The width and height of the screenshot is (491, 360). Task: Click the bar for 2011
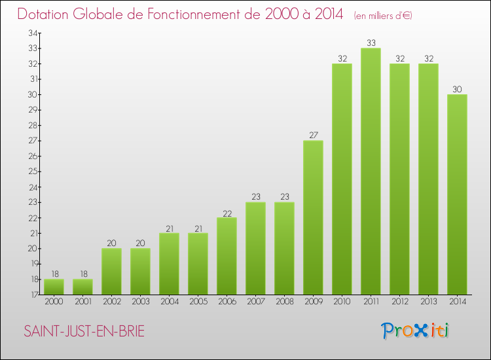click(371, 171)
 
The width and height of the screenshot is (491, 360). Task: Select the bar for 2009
click(313, 217)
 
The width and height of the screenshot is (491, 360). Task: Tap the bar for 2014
click(457, 194)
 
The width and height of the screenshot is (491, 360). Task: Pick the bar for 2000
click(54, 287)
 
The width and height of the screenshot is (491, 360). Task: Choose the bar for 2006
click(227, 256)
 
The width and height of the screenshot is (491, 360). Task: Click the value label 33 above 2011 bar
click(371, 43)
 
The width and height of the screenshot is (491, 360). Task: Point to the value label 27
click(313, 135)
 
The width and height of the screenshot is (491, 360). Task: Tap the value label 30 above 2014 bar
click(457, 89)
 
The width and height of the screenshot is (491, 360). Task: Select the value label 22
click(227, 212)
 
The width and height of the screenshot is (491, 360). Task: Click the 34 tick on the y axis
click(32, 33)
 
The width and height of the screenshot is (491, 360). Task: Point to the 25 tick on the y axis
click(32, 171)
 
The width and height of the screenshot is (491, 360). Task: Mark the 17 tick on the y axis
click(32, 295)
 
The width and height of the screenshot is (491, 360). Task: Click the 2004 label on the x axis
click(169, 302)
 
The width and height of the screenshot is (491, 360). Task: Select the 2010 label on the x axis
click(342, 302)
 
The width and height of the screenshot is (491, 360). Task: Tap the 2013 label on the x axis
click(428, 302)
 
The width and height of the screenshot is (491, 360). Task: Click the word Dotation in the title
click(45, 14)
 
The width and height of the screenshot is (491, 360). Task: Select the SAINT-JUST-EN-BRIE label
click(84, 332)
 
